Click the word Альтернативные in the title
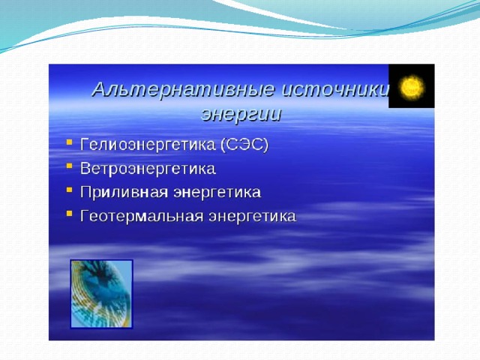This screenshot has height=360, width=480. coord(183,90)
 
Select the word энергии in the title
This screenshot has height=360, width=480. coord(241,115)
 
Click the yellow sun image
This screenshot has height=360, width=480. coord(412,87)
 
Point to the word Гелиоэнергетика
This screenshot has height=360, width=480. coord(148,144)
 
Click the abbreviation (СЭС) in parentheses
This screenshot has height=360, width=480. coord(244,144)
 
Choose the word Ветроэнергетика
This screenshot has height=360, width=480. coord(148,168)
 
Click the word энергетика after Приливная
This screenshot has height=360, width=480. coord(217,192)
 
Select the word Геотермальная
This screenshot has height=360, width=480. coord(142,216)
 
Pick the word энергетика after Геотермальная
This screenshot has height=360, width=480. coord(253,216)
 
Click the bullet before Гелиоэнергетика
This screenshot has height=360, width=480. coord(70,142)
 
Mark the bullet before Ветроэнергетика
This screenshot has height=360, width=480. coord(70,166)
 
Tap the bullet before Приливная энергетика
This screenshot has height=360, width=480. coord(70,190)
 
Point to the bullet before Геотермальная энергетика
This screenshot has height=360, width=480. coord(70,213)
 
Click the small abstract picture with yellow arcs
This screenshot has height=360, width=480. coord(102,294)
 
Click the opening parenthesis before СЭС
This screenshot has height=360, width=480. coord(223,145)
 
